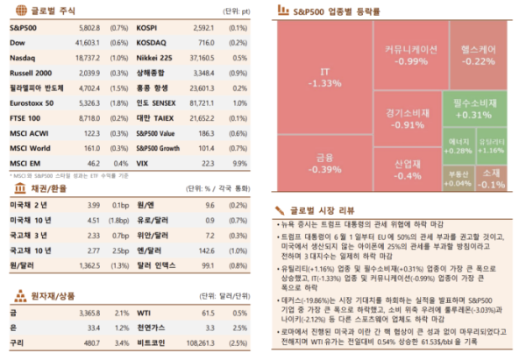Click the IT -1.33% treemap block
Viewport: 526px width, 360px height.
tap(325, 76)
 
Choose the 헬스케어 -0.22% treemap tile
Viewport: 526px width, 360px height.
tap(478, 55)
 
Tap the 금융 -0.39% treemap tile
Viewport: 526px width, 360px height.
tap(325, 163)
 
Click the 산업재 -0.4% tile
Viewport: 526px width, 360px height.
tap(407, 169)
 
